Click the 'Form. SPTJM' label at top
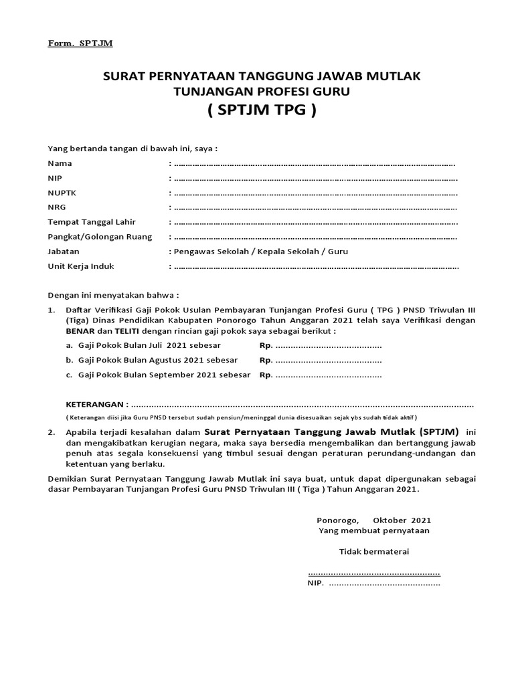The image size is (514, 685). tap(80, 43)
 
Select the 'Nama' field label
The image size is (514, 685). tap(60, 163)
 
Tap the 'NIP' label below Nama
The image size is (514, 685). tap(55, 178)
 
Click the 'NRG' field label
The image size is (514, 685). tap(57, 207)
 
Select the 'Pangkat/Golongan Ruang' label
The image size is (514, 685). tap(100, 237)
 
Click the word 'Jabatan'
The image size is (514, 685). tap(64, 252)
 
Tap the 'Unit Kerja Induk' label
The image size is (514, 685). tap(81, 266)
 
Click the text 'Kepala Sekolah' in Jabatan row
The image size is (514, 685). tap(264, 252)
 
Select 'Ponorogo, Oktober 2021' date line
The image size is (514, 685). tap(373, 520)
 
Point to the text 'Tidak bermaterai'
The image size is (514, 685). tap(373, 552)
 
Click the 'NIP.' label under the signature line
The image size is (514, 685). tap(315, 583)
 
